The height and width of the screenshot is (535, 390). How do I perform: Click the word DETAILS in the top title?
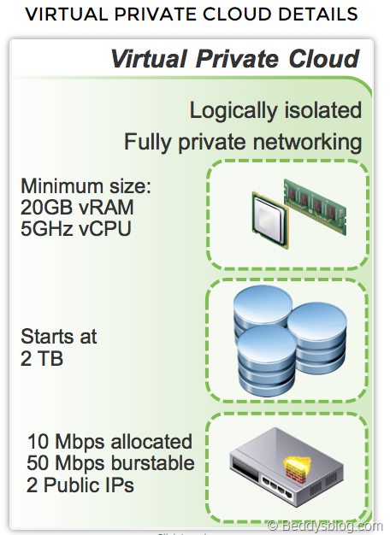[318, 14]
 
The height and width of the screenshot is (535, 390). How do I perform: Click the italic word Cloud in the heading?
[324, 59]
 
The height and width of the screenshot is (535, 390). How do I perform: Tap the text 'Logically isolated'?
[275, 110]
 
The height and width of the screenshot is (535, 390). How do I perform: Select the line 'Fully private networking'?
[243, 142]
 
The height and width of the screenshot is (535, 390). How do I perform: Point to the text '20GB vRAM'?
[77, 207]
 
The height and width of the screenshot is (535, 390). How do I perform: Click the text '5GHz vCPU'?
[76, 228]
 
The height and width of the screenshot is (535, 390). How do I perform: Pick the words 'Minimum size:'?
[86, 186]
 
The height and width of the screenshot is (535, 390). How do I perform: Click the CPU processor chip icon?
[270, 220]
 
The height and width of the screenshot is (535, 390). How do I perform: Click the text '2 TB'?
[42, 359]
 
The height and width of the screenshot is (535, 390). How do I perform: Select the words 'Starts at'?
[59, 337]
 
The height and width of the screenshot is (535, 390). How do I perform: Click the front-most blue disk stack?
[266, 361]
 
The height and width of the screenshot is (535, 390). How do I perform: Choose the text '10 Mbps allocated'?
[109, 442]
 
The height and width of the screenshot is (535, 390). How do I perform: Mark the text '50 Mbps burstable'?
[110, 463]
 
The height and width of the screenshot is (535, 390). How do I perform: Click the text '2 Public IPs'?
[80, 485]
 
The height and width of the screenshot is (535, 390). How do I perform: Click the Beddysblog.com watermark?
[324, 526]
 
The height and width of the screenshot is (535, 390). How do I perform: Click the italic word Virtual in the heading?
[149, 59]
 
